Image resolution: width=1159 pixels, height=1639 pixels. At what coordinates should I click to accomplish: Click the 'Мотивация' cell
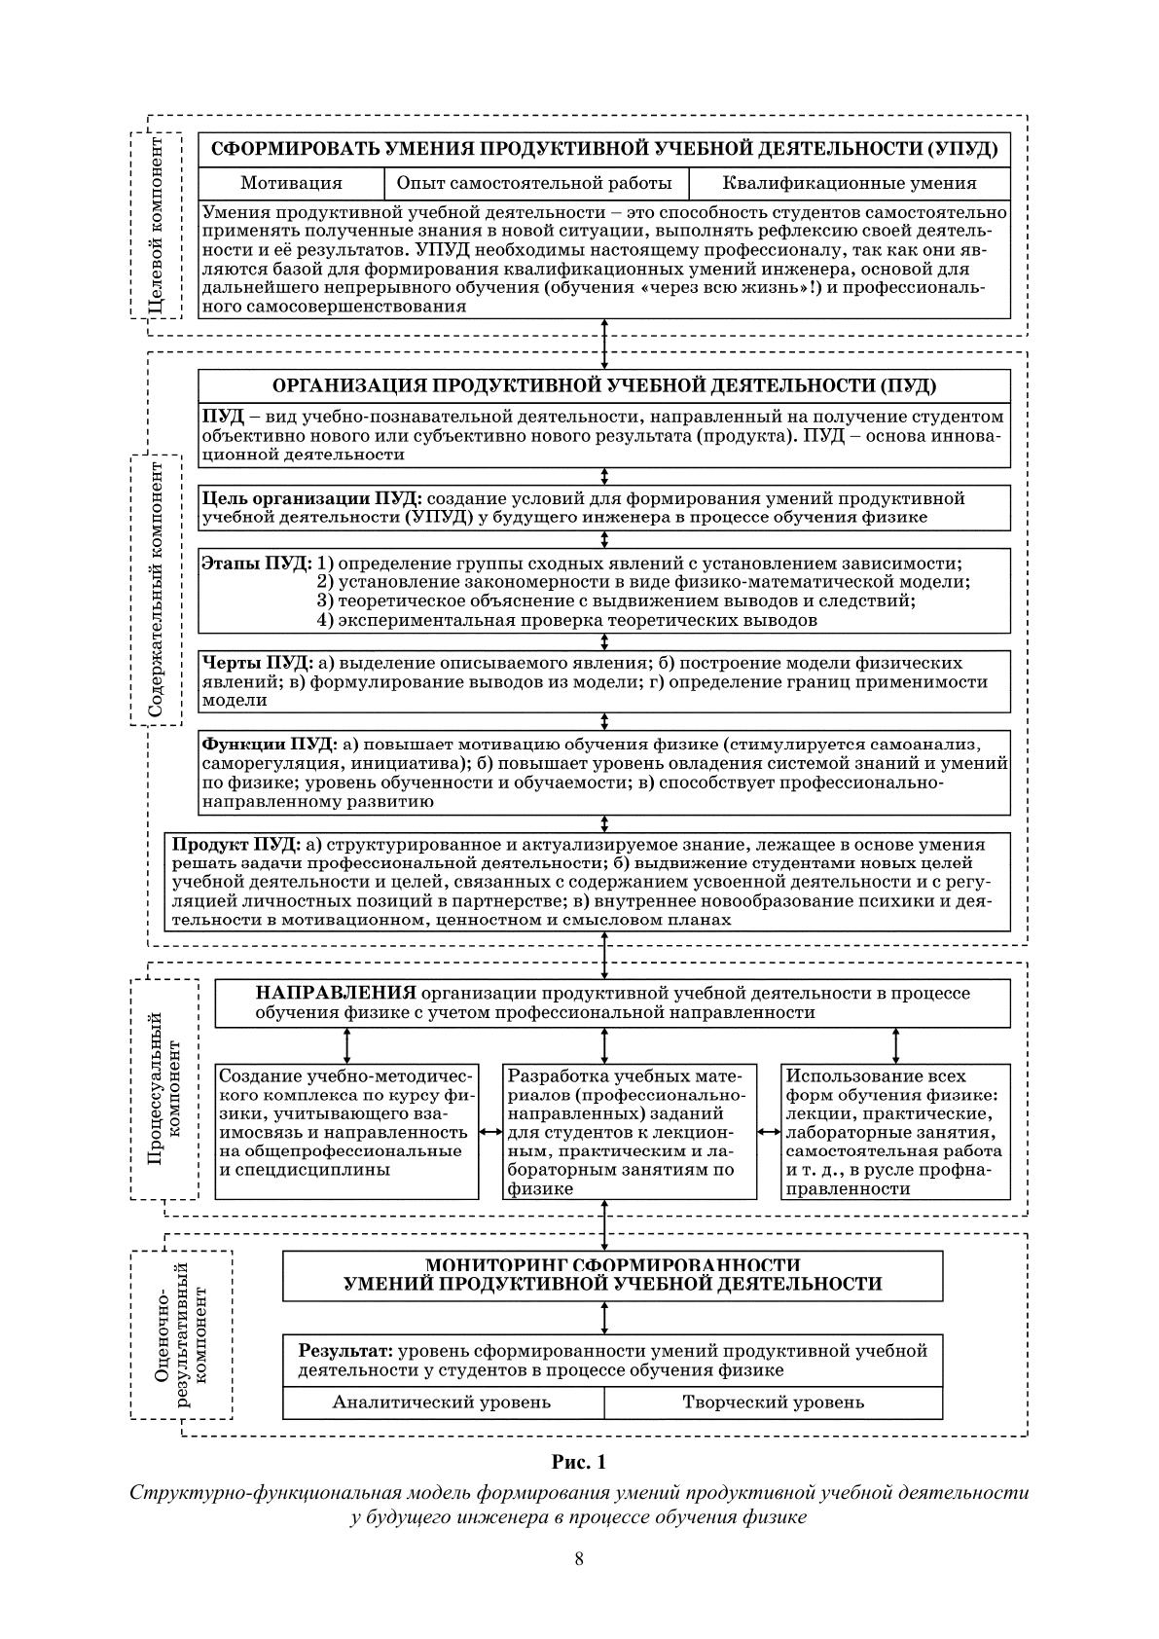pyautogui.click(x=291, y=183)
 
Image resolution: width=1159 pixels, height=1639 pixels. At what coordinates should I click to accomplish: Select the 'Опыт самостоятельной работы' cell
pyautogui.click(x=534, y=183)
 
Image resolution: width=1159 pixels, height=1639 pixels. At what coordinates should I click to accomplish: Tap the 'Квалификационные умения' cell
pyautogui.click(x=849, y=183)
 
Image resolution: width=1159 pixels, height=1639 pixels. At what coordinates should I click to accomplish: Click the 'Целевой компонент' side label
pyautogui.click(x=156, y=225)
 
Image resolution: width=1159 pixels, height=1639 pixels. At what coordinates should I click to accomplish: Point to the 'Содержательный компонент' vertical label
pyautogui.click(x=156, y=590)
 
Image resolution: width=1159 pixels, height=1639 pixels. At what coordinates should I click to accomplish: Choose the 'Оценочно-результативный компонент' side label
pyautogui.click(x=180, y=1333)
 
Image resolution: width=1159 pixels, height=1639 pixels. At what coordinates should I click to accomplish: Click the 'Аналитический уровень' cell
pyautogui.click(x=442, y=1402)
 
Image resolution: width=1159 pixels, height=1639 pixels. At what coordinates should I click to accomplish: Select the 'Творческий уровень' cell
pyautogui.click(x=773, y=1402)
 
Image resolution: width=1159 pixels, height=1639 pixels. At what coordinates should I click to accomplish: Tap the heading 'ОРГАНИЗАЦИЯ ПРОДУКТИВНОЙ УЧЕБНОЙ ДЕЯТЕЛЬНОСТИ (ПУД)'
pyautogui.click(x=603, y=386)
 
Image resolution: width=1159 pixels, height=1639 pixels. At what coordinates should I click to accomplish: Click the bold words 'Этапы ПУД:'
pyautogui.click(x=256, y=564)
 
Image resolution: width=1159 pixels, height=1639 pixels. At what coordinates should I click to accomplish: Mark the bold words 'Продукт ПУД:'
pyautogui.click(x=235, y=845)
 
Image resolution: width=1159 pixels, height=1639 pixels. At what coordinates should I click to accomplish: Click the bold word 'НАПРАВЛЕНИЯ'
pyautogui.click(x=336, y=994)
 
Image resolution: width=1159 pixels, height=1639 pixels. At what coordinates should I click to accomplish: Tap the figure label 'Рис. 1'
pyautogui.click(x=579, y=1462)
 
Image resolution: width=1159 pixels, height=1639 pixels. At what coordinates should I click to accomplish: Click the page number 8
pyautogui.click(x=579, y=1558)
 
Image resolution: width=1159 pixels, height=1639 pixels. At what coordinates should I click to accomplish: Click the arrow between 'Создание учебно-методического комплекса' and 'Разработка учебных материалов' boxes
pyautogui.click(x=491, y=1132)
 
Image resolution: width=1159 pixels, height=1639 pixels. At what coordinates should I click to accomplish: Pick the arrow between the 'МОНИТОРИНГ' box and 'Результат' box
pyautogui.click(x=605, y=1318)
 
